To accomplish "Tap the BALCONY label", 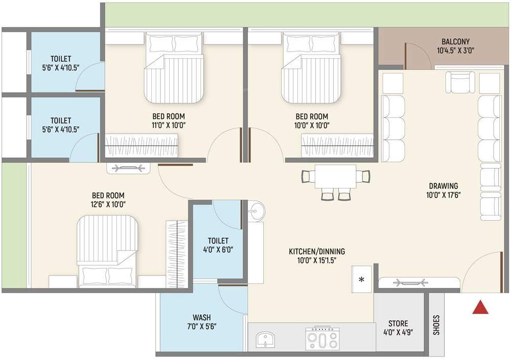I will (456, 41).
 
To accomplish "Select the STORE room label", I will (398, 323).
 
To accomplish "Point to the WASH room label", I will (202, 317).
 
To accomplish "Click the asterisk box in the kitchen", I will (362, 279).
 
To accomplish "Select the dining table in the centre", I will (335, 177).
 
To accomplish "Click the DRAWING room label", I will (444, 186).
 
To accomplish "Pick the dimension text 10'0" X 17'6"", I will (444, 195).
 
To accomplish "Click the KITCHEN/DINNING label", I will (317, 251).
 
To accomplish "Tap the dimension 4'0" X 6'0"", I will (218, 250).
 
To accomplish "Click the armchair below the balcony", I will (461, 82).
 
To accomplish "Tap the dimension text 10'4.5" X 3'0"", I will (456, 51).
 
